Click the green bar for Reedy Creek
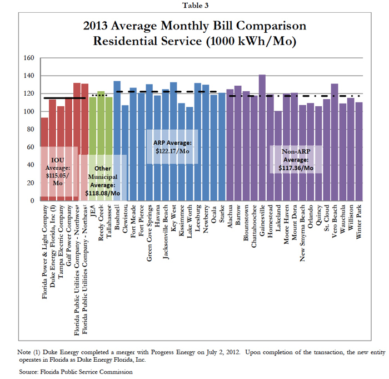(x=101, y=145)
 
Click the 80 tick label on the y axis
(x=29, y=129)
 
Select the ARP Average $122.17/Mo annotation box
(x=172, y=147)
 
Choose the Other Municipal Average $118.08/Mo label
(x=103, y=180)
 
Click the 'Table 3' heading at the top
(x=194, y=6)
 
